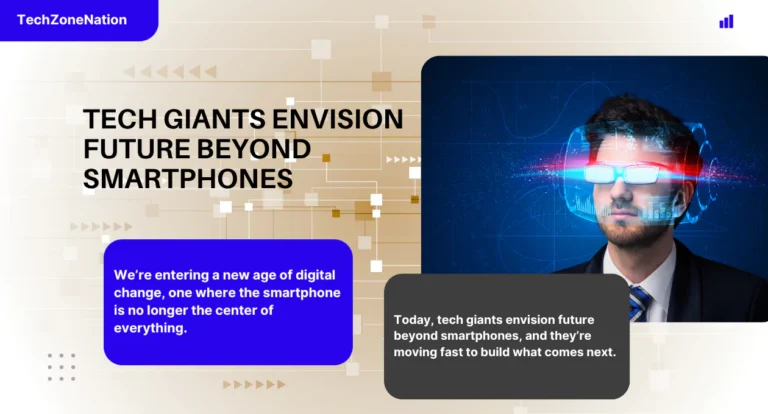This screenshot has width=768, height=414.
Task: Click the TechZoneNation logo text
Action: [x=71, y=20]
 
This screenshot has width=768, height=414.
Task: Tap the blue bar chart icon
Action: [x=726, y=21]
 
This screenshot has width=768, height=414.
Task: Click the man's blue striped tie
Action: [x=639, y=301]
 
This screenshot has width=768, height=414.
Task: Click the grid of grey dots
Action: [x=61, y=367]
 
